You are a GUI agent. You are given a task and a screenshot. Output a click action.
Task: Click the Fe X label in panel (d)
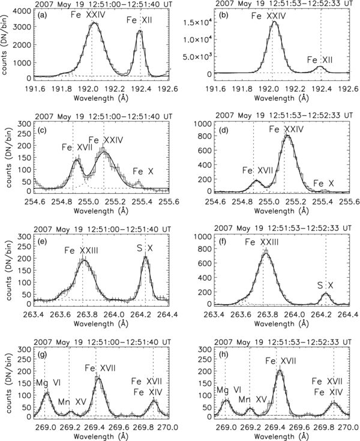(x=324, y=182)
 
